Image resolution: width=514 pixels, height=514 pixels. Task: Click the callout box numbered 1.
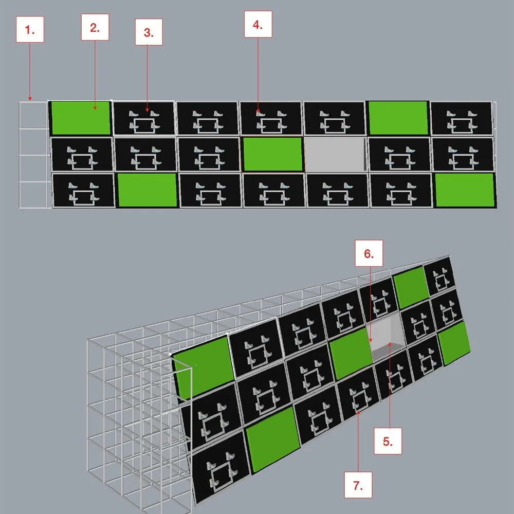[30, 29]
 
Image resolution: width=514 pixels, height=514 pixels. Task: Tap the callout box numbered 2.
[95, 27]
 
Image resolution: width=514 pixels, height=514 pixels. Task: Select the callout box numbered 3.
[149, 32]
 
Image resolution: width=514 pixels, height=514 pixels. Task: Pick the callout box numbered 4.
[258, 24]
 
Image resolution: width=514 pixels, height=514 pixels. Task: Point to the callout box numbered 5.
[388, 441]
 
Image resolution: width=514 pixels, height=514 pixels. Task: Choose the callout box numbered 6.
[369, 253]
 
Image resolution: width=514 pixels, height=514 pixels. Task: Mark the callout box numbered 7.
[358, 485]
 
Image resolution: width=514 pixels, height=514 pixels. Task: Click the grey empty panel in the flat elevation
[335, 154]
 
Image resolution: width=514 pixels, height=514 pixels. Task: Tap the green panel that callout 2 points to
[81, 118]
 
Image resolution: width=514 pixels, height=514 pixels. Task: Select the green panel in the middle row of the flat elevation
[273, 154]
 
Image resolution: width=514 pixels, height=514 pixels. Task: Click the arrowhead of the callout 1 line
[30, 99]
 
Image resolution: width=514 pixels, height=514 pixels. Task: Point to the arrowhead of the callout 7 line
[358, 413]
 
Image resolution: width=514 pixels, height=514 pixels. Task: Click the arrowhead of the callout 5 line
[390, 344]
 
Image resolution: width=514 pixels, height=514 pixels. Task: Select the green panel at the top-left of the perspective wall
[205, 367]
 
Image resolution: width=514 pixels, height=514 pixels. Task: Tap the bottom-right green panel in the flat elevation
[465, 190]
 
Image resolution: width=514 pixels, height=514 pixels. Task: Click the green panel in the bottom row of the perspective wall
[273, 439]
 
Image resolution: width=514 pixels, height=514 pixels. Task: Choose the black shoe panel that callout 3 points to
[143, 118]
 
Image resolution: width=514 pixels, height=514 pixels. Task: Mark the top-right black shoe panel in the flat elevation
[461, 118]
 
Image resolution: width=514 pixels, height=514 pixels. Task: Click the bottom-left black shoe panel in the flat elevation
[84, 191]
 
